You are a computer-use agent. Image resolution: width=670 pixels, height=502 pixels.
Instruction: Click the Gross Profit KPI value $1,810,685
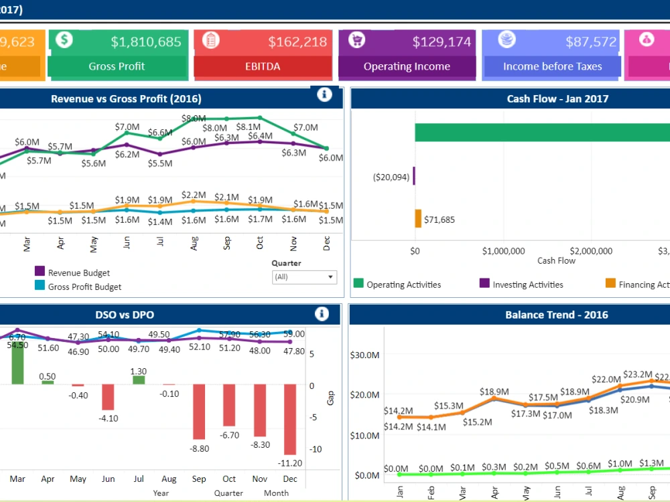point(146,41)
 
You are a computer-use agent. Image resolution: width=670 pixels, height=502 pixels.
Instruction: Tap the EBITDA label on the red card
point(263,66)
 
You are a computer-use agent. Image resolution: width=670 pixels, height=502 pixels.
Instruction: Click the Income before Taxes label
point(552,66)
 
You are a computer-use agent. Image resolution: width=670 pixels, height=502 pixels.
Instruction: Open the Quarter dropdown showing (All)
point(304,276)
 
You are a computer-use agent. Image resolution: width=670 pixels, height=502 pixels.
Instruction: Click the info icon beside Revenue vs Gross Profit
point(324,95)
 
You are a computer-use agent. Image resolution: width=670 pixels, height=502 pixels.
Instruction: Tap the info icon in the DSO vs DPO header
point(322,314)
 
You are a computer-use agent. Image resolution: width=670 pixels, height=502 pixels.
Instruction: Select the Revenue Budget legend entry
point(78,272)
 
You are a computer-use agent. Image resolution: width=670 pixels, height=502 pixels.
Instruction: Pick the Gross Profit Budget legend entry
point(84,287)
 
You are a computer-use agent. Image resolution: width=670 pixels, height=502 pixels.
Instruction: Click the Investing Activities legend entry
point(527,284)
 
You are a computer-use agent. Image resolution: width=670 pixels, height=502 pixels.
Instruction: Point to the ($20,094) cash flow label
point(391,177)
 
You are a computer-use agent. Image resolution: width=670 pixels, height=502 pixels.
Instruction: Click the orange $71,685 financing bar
point(418,219)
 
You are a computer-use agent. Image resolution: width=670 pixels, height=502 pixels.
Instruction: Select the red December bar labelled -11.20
point(290,419)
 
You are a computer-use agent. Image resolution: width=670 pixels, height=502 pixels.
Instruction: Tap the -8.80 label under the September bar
point(200,449)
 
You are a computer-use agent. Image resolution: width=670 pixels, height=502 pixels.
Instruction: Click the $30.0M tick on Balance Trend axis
point(365,355)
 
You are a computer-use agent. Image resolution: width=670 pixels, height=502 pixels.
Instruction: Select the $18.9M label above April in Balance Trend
point(494,391)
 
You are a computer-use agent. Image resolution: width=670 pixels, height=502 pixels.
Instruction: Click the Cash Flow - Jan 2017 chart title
point(557,99)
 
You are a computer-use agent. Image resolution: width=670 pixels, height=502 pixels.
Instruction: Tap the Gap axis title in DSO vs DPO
point(330,398)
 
